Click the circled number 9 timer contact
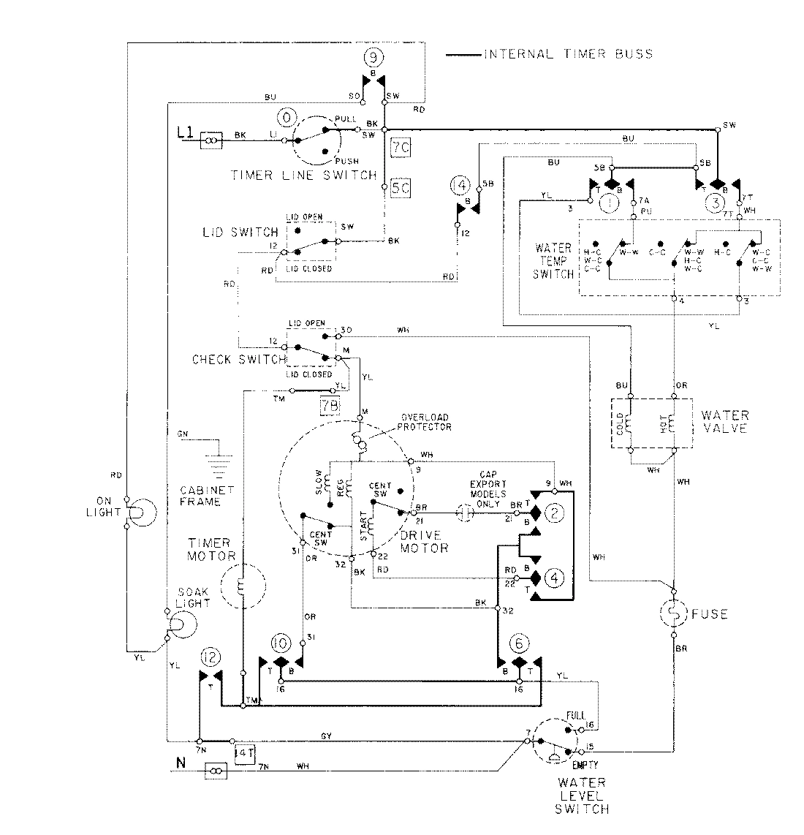pos(373,57)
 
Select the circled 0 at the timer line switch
pos(284,117)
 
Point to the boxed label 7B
pos(330,404)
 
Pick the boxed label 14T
pos(243,751)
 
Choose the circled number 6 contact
pos(518,643)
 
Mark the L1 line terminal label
pos(186,133)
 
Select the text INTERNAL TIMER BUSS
pos(567,54)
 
